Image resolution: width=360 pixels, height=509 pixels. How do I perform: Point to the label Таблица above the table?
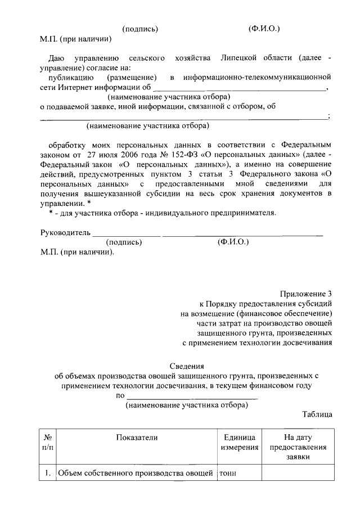[x=317, y=415]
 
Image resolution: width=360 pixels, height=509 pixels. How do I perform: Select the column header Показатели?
[x=137, y=437]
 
